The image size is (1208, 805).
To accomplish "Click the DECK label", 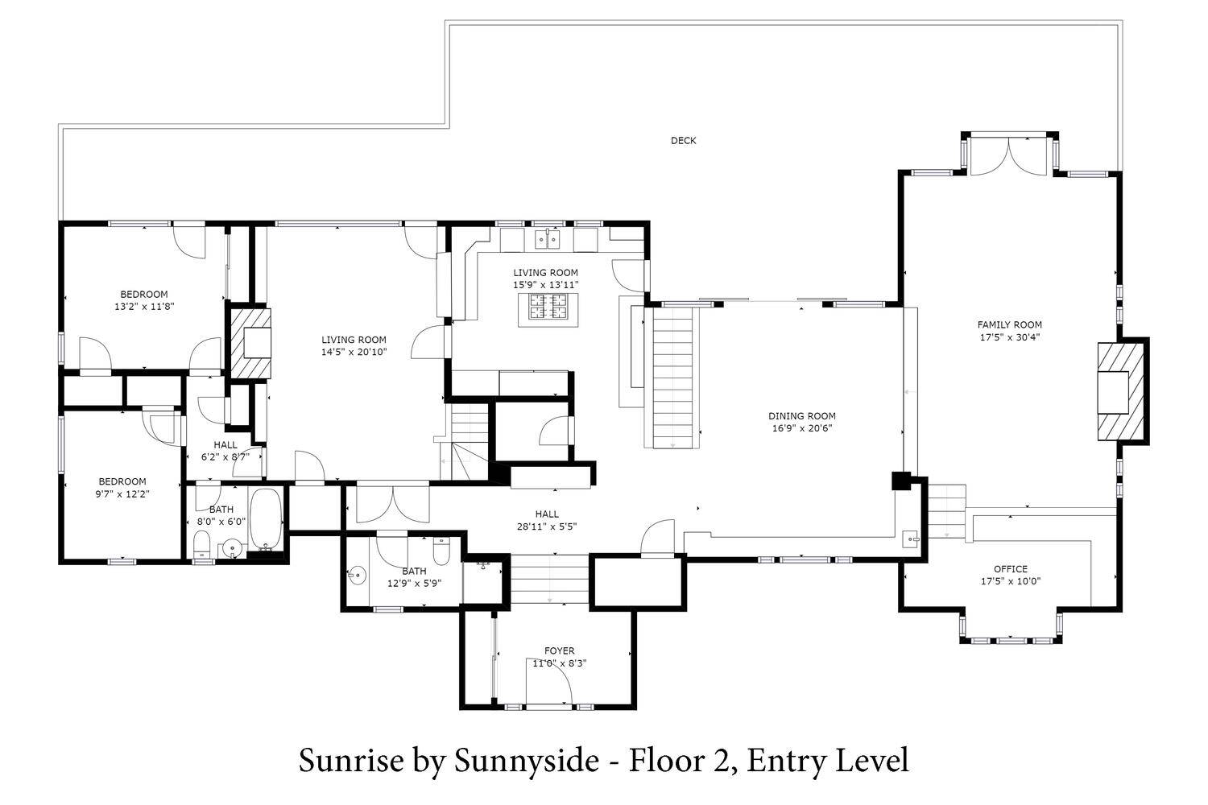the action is click(x=683, y=141).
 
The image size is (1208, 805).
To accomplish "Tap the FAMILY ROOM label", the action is click(x=1010, y=324).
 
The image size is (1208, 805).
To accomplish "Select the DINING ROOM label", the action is click(x=802, y=415).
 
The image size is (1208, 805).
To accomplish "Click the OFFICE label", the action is click(x=1011, y=569).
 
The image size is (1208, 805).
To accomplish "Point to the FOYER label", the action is click(x=559, y=650).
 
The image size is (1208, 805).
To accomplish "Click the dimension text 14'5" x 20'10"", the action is click(x=354, y=352).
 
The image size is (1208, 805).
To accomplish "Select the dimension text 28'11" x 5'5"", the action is click(x=547, y=526).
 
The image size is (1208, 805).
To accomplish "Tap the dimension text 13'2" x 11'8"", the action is click(x=144, y=307).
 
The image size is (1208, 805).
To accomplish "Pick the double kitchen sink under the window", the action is click(x=548, y=239).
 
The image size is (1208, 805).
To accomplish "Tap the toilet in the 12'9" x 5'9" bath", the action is click(x=441, y=551).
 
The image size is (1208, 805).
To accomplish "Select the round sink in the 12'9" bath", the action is click(x=357, y=575).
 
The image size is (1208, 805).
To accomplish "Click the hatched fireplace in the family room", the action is click(x=1121, y=392).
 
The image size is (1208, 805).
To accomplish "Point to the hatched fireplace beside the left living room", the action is click(x=250, y=342).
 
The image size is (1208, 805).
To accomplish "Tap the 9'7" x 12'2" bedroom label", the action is click(x=122, y=487).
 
